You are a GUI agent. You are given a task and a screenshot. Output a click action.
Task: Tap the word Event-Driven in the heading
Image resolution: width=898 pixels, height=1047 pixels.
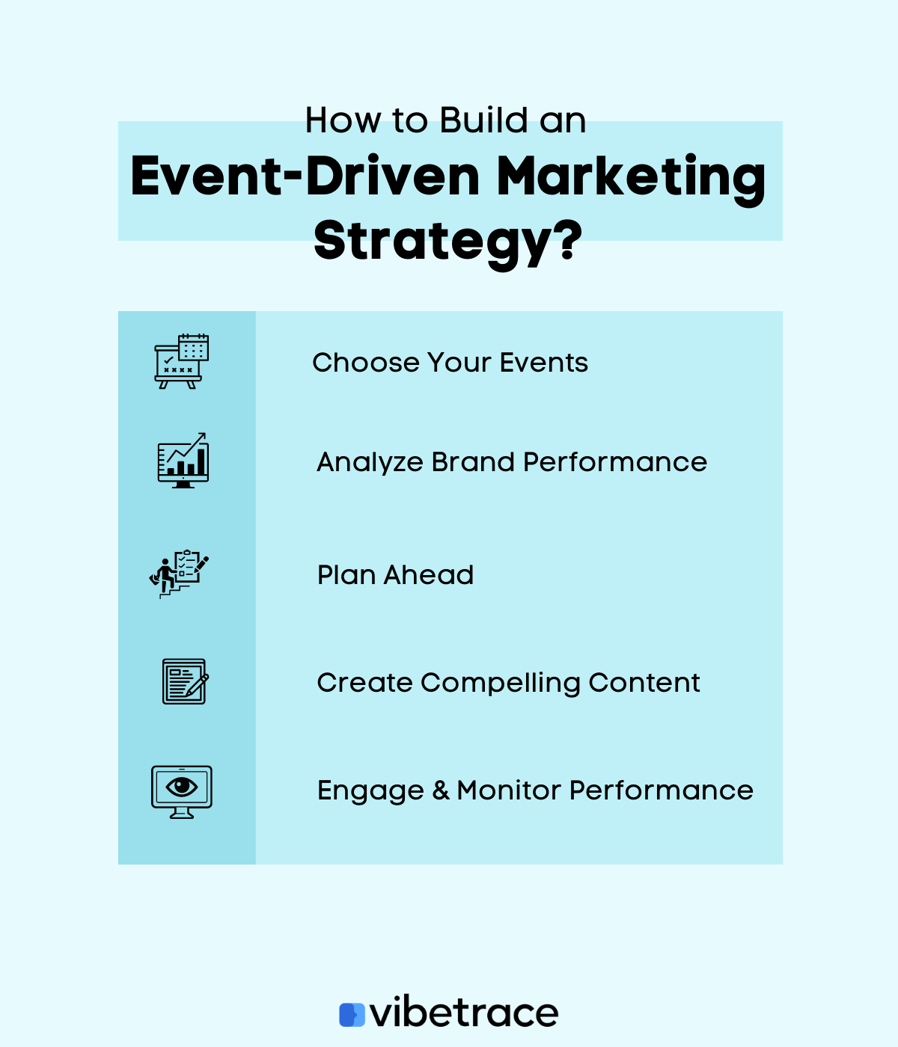click(305, 177)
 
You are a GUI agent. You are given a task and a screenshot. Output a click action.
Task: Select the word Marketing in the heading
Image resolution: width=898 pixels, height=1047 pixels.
click(631, 177)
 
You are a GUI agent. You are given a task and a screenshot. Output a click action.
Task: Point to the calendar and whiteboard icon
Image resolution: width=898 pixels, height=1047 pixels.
click(182, 361)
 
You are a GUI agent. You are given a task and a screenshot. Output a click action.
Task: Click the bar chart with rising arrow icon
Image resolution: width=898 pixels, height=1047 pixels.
click(183, 461)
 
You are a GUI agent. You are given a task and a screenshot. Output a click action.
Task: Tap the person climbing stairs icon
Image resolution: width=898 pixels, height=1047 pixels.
click(179, 574)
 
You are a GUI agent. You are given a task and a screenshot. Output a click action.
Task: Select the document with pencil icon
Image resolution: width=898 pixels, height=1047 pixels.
click(185, 681)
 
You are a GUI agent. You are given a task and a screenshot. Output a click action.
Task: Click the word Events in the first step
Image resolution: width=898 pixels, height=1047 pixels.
click(544, 363)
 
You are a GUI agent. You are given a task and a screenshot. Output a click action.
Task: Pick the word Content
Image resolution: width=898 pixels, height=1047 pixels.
click(644, 683)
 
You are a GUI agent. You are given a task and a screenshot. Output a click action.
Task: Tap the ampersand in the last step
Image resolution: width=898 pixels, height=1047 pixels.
click(441, 790)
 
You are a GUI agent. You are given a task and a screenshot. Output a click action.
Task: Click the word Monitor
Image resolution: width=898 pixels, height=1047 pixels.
click(509, 790)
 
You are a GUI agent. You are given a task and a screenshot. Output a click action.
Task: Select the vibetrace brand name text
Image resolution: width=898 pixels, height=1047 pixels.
click(465, 1013)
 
